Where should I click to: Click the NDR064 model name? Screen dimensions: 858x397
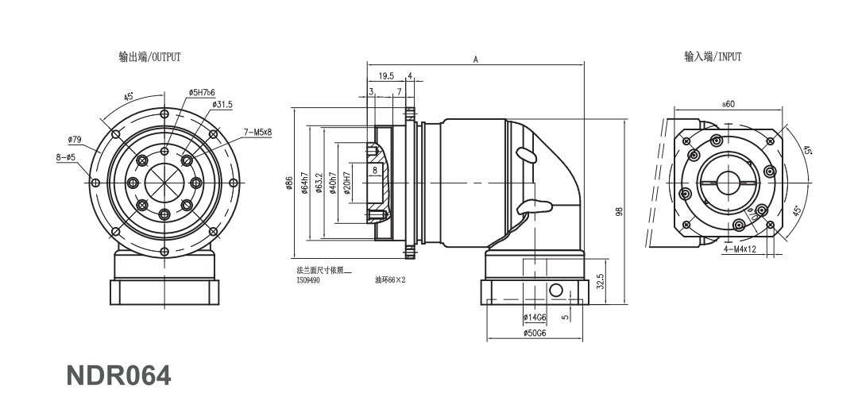(x=118, y=376)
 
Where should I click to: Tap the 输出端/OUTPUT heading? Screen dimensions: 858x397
(x=149, y=57)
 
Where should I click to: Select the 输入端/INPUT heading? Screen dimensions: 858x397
(x=713, y=56)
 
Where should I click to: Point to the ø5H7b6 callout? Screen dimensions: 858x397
(x=202, y=93)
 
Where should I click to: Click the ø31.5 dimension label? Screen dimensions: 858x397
(x=222, y=105)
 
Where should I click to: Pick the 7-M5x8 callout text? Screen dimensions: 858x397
(x=257, y=133)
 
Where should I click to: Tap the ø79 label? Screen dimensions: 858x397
(x=75, y=140)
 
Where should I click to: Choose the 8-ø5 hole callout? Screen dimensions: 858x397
(x=65, y=157)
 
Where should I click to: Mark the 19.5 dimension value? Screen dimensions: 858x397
(x=386, y=75)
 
